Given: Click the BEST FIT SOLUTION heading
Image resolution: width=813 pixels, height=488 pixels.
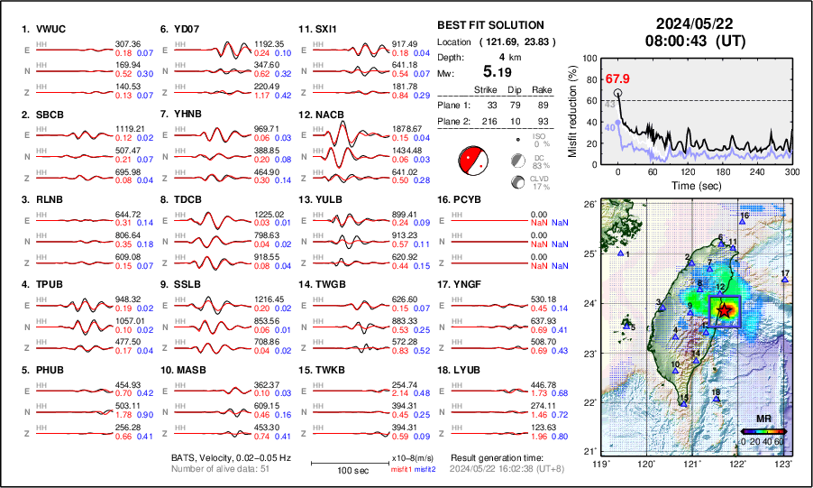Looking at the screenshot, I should click(489, 25).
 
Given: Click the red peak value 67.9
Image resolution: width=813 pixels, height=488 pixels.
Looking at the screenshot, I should click(617, 78).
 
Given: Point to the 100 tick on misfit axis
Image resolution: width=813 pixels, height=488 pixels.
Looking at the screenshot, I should click(591, 59).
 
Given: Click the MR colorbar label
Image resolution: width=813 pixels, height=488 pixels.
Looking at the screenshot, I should click(763, 419).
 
